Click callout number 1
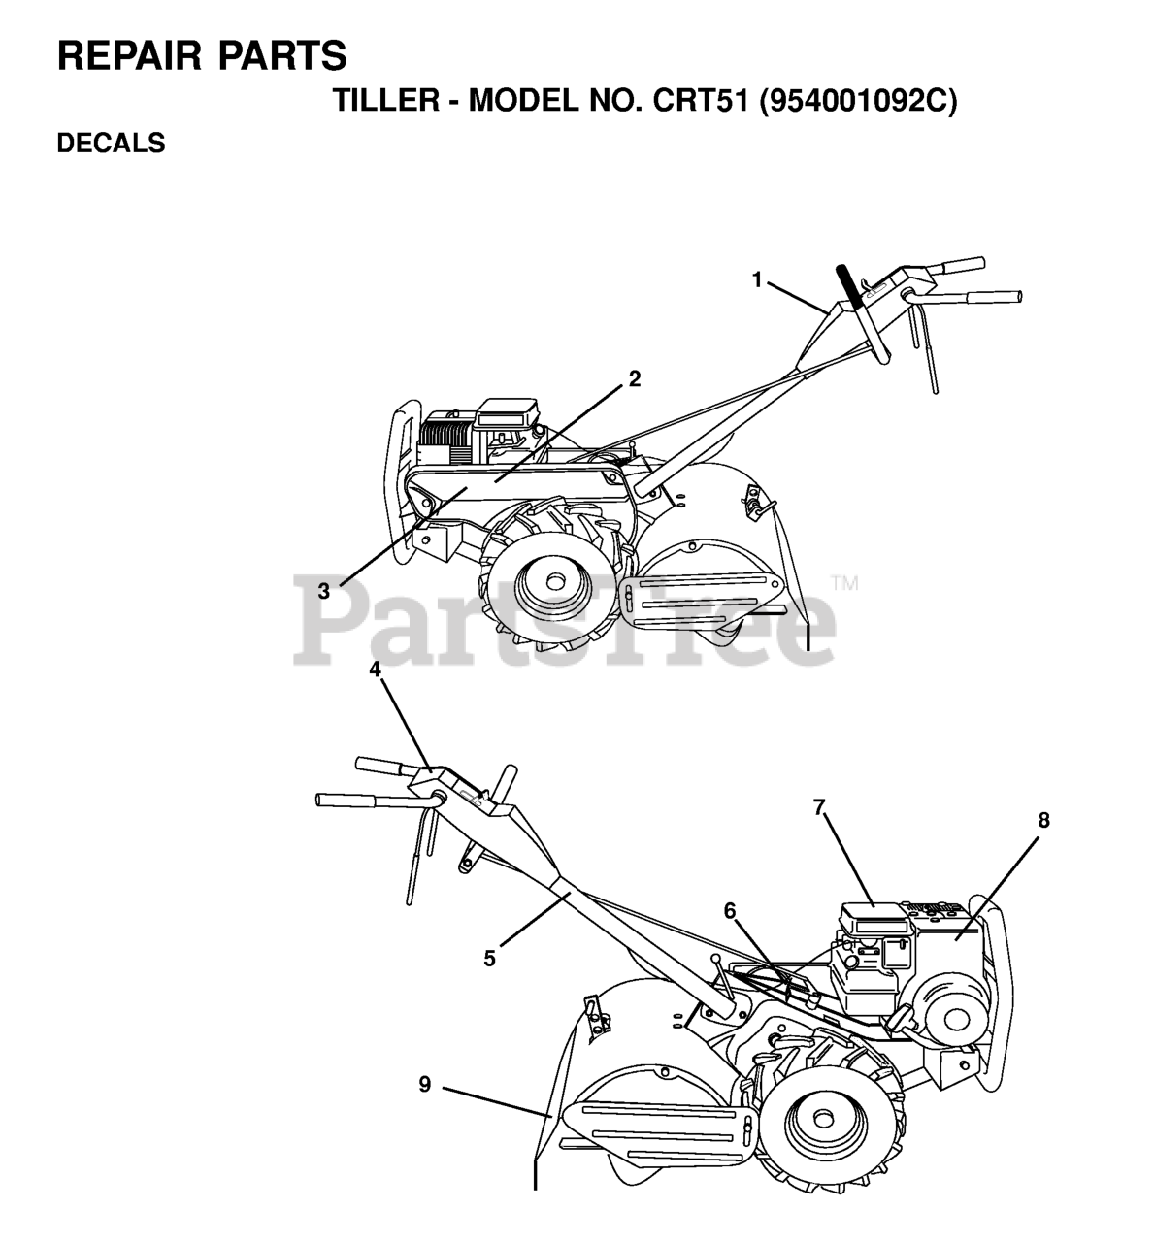tap(757, 280)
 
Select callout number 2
tap(634, 379)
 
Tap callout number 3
tap(324, 589)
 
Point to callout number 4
tap(375, 670)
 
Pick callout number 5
tap(490, 958)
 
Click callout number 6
tap(729, 910)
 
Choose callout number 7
tap(819, 806)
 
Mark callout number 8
tap(1043, 820)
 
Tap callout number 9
tap(424, 1085)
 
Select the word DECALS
tap(111, 144)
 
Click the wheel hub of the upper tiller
tap(554, 582)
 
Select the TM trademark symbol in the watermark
tap(843, 584)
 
